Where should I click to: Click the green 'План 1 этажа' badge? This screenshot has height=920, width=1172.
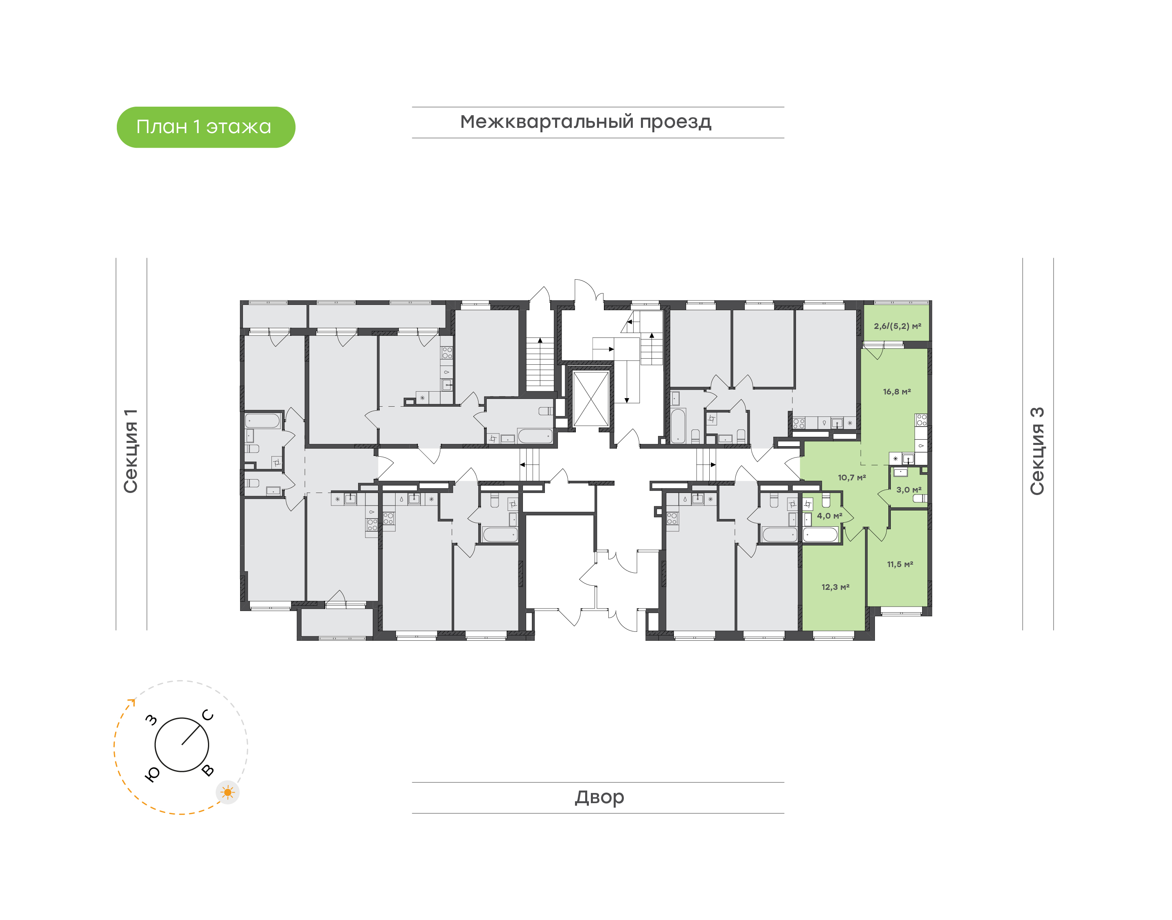(206, 127)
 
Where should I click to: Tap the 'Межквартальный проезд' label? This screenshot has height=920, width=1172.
(586, 122)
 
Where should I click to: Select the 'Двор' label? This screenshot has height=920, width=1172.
(599, 797)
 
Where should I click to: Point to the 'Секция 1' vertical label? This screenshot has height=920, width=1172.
(131, 451)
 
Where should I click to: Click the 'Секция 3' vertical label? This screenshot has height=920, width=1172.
(1037, 451)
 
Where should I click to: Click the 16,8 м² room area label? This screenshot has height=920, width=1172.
(897, 392)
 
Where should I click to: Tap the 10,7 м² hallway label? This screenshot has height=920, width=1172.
(852, 477)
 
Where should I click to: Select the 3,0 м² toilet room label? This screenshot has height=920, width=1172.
(909, 490)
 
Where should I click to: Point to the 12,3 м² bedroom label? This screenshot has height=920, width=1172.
(835, 587)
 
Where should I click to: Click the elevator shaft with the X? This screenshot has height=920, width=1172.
(590, 399)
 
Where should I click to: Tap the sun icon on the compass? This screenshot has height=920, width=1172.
(228, 792)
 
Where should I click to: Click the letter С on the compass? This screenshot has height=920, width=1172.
(208, 715)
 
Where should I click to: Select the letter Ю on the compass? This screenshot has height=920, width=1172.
(152, 774)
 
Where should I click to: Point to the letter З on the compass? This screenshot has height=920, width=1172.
(152, 720)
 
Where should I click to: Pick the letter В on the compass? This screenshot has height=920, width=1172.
(208, 771)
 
